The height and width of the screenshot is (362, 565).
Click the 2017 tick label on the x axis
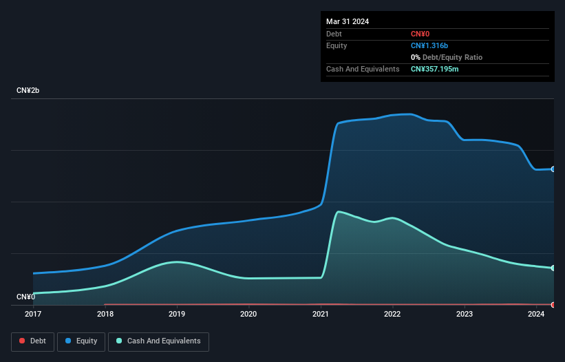33,314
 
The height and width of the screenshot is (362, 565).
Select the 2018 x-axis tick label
105,314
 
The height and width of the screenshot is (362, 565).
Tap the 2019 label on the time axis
177,314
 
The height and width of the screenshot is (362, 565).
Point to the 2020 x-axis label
248,314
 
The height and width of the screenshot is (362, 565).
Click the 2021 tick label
321,314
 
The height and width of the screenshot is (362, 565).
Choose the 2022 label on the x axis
392,314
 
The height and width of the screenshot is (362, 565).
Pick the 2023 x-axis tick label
465,314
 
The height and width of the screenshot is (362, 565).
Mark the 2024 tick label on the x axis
536,314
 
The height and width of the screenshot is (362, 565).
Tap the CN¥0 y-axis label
25,297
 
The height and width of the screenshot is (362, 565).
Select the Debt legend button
32,341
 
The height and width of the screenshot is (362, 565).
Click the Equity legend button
81,341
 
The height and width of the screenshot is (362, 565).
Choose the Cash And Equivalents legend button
158,341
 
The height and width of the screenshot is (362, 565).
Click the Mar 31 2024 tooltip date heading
348,21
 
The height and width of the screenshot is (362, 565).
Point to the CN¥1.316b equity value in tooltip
431,45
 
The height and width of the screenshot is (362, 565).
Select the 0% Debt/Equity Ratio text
447,57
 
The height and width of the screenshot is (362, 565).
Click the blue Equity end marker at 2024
553,169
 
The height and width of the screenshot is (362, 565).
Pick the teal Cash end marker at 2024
553,268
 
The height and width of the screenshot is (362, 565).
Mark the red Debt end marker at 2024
553,304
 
